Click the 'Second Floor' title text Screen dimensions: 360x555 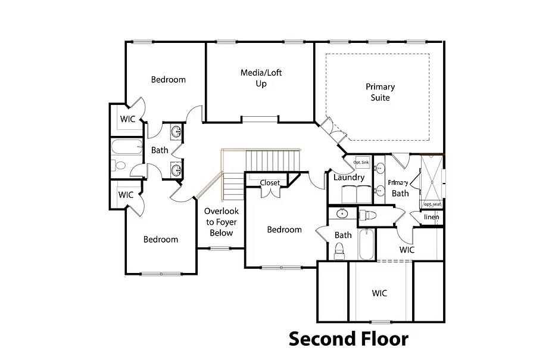(348, 339)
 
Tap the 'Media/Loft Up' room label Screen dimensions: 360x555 (261, 78)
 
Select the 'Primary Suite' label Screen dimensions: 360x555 (380, 92)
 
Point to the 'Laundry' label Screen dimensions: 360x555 (349, 178)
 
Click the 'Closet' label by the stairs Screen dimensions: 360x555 (270, 183)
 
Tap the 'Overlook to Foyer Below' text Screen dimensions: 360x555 (221, 222)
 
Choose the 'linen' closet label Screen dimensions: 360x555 (431, 217)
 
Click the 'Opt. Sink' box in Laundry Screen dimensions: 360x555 (361, 163)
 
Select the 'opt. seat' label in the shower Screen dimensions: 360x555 (432, 204)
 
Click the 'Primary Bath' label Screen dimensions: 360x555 (399, 188)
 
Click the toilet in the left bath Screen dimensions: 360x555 (120, 166)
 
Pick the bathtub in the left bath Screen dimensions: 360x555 (126, 147)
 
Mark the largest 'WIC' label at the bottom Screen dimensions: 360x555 (379, 293)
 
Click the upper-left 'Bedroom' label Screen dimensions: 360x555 (168, 79)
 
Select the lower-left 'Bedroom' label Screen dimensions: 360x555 (161, 240)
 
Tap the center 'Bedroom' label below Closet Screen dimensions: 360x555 (284, 229)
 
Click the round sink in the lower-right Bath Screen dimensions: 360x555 (342, 213)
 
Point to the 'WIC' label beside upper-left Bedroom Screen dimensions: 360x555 (127, 119)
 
